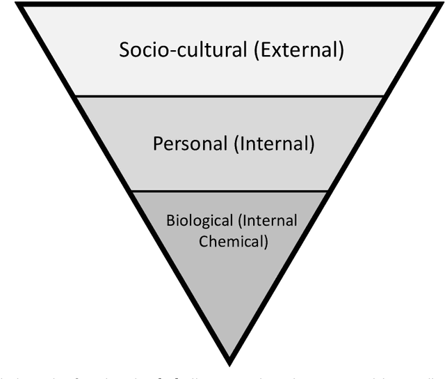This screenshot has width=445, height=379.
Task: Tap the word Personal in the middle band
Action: click(x=190, y=144)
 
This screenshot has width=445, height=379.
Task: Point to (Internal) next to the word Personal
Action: click(x=274, y=144)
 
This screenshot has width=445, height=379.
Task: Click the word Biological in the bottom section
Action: click(x=200, y=222)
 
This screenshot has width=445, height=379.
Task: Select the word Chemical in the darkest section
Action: click(x=227, y=242)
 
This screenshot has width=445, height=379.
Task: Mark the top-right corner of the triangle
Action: click(x=441, y=4)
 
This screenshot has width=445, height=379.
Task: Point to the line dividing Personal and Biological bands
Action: click(x=229, y=190)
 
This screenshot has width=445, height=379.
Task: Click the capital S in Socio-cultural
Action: click(x=124, y=50)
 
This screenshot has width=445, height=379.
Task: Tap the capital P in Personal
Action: click(x=157, y=144)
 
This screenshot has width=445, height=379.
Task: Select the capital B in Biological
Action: click(x=170, y=222)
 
